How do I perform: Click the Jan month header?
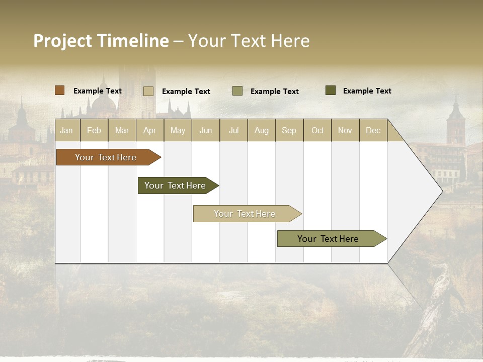click(66, 131)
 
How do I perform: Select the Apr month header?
click(149, 131)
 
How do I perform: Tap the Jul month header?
click(233, 131)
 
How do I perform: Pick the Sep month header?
click(289, 131)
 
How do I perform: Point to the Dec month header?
click(373, 131)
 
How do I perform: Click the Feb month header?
click(94, 131)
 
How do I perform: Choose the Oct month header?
click(317, 131)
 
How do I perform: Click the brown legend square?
click(59, 90)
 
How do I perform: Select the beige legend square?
click(148, 91)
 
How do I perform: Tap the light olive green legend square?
click(237, 91)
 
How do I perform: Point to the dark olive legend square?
click(331, 90)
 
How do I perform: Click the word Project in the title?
click(63, 41)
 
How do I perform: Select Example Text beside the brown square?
click(98, 91)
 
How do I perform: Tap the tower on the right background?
click(456, 123)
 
